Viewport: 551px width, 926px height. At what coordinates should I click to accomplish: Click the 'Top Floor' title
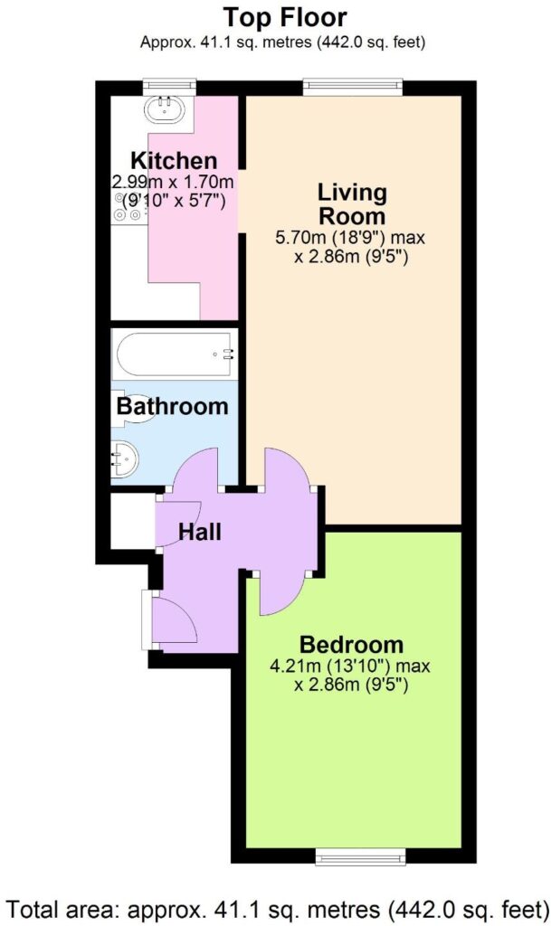tap(285, 18)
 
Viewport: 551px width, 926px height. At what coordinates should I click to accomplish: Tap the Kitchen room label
tap(174, 161)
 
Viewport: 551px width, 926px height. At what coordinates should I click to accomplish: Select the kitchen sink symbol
tap(164, 109)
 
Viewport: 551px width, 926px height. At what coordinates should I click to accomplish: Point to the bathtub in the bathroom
tap(175, 354)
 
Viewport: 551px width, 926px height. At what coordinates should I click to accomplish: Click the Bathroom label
tap(173, 406)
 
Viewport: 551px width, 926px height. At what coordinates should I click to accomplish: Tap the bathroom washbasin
tap(125, 461)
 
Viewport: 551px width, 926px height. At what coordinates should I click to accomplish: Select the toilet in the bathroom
tap(136, 409)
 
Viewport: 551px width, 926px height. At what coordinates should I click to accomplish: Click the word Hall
tap(200, 532)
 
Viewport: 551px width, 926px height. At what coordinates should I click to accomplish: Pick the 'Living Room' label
tap(353, 204)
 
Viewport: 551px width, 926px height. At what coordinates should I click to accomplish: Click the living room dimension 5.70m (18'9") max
tap(350, 238)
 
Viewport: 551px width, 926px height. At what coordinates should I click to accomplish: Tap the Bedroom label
tap(351, 644)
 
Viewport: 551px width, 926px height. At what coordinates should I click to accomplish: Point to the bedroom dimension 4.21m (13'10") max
tap(349, 666)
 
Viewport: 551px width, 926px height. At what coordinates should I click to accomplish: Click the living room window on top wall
tap(353, 87)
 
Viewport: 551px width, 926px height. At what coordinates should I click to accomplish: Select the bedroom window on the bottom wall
tap(360, 855)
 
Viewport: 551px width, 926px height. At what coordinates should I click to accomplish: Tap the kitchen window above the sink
tap(169, 87)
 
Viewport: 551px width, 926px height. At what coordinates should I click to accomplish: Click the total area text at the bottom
tap(275, 908)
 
